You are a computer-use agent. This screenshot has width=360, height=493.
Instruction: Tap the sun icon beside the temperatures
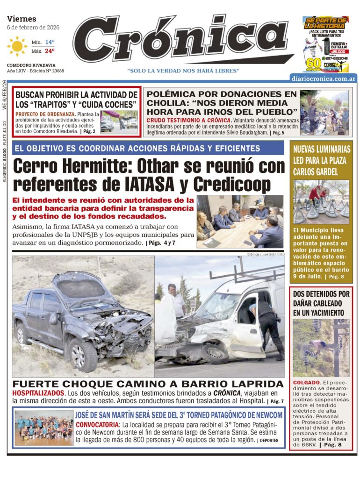point(17,46)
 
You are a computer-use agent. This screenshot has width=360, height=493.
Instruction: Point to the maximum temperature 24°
point(50,50)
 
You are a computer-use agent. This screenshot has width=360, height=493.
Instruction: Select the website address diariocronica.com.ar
point(323,79)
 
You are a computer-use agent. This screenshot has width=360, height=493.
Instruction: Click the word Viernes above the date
point(22,19)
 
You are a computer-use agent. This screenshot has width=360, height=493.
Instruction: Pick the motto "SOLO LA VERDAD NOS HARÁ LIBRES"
point(183,71)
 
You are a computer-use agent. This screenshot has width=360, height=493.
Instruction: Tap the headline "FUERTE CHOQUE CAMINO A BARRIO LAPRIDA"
point(148,384)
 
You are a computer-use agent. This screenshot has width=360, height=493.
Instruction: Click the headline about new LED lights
point(321,160)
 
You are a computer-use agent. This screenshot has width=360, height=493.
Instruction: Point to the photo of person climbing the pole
point(321,348)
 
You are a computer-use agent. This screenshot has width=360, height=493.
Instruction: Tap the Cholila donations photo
point(324,112)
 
